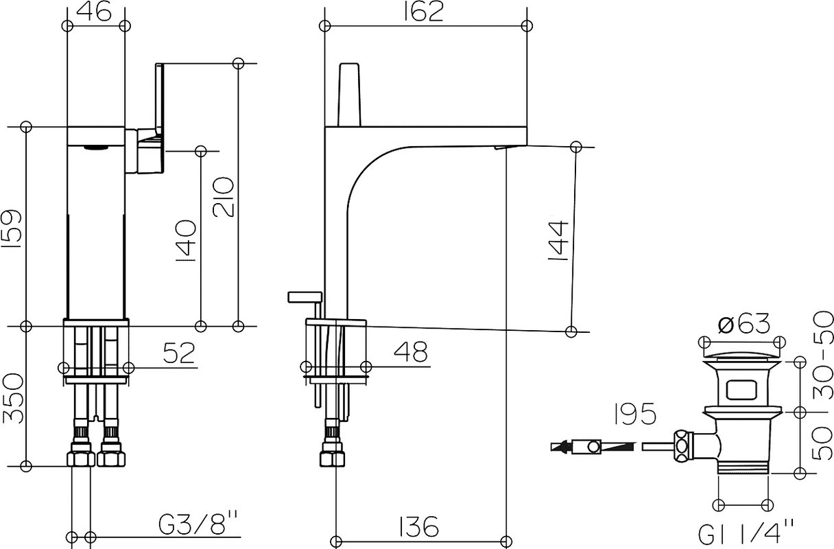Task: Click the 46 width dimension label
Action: (x=93, y=12)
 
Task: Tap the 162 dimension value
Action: (x=424, y=12)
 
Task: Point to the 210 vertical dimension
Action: (x=224, y=197)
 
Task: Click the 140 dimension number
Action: (x=185, y=241)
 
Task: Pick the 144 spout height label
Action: (x=558, y=241)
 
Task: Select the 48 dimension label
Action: (x=411, y=352)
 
